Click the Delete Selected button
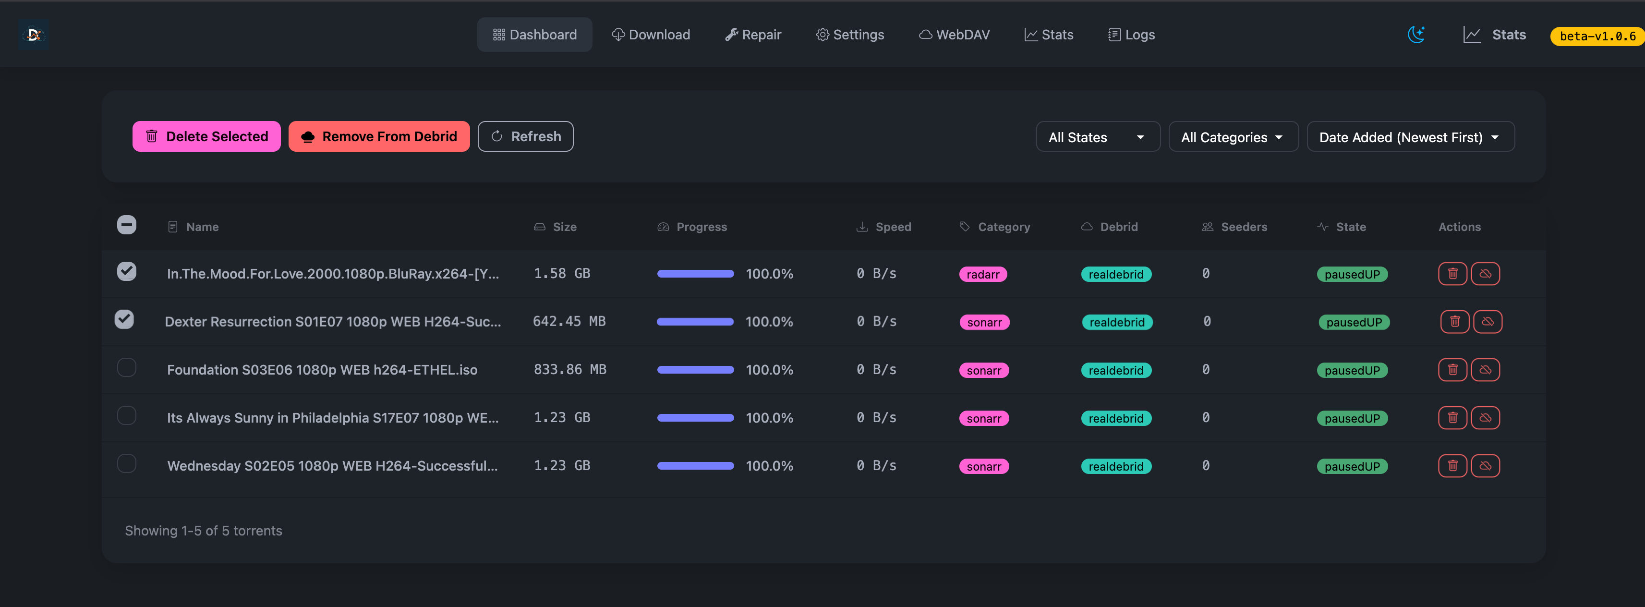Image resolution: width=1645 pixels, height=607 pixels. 206,136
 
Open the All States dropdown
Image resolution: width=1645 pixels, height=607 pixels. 1097,137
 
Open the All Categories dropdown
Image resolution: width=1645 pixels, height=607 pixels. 1233,137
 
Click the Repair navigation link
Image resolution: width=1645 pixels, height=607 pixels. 753,35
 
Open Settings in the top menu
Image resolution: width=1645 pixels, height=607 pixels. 850,35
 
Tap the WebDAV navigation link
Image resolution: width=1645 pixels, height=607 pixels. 954,35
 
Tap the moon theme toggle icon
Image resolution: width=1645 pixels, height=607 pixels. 1416,35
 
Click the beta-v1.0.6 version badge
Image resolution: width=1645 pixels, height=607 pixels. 1597,36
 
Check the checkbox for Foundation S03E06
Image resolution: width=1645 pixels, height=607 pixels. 126,367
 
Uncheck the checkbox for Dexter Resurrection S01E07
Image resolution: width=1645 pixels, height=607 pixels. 124,319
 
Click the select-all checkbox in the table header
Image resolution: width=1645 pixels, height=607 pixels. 126,225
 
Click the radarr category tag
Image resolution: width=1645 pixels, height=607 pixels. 982,274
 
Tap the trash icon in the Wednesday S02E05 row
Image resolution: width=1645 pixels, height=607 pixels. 1452,466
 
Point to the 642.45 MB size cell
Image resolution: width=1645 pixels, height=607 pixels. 569,321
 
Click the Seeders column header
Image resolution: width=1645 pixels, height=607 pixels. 1243,227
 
